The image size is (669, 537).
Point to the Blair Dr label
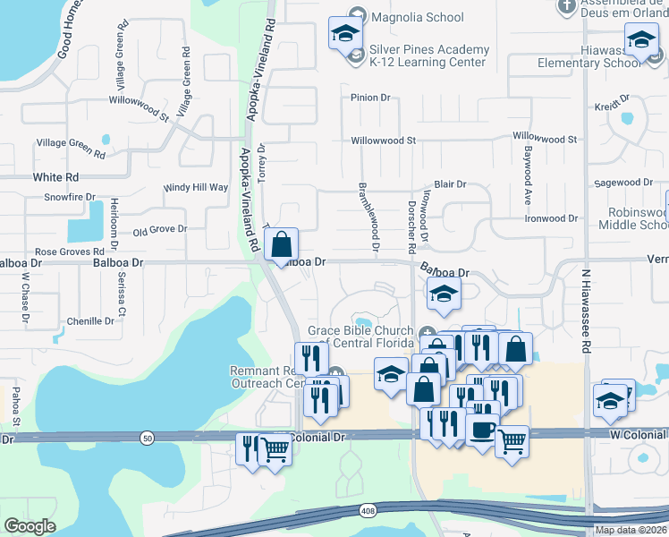coord(450,184)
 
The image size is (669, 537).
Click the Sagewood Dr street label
coord(623,183)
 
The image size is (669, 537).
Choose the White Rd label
coord(55,177)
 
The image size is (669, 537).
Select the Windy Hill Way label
coord(196,188)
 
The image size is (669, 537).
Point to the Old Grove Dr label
coord(159,230)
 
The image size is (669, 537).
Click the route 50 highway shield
coord(146,438)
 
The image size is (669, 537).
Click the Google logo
coord(30,525)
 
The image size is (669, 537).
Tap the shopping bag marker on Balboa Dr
coord(281,244)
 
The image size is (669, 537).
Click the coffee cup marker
coord(482,430)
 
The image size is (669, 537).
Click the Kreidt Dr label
coord(612,107)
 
